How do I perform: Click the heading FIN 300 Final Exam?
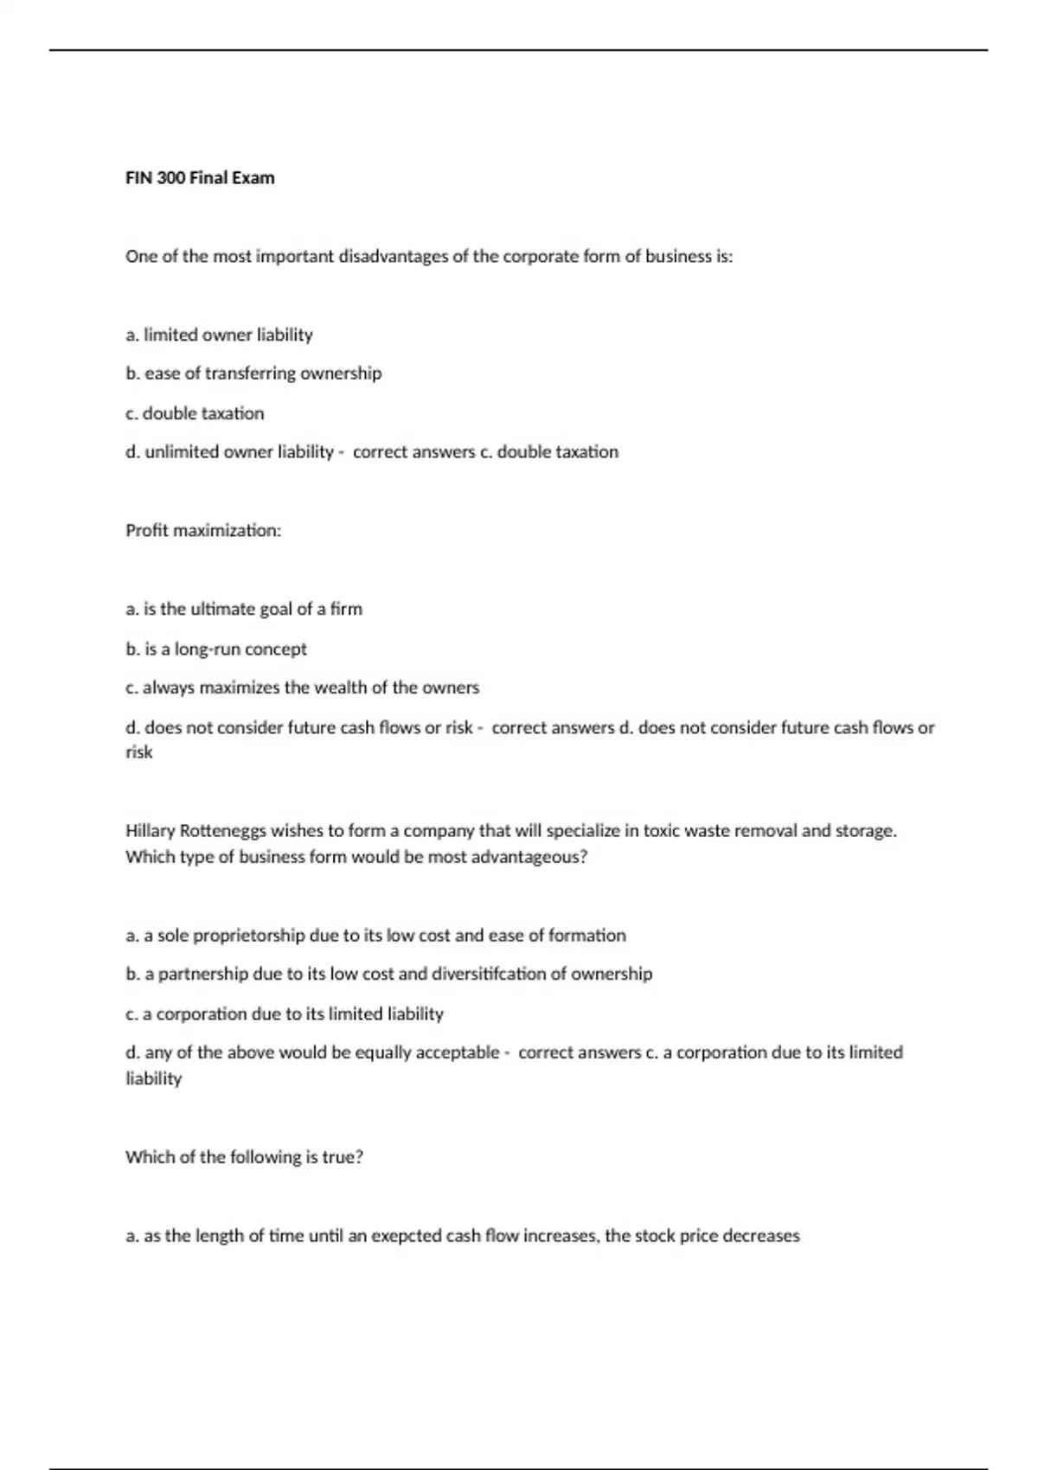pos(200,178)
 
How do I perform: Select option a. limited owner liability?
pos(219,335)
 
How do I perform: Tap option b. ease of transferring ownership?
pos(253,374)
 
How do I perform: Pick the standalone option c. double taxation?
pos(195,413)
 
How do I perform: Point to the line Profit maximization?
pos(203,531)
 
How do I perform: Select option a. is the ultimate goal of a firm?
pos(244,610)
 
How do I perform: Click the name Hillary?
pos(150,831)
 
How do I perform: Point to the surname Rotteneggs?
pos(223,831)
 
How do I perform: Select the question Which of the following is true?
pos(244,1158)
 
